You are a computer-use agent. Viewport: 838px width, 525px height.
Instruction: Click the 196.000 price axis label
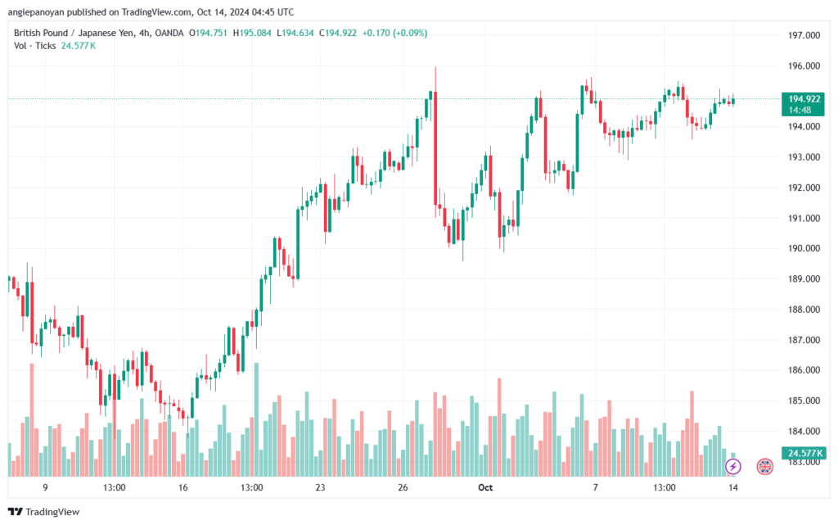click(804, 66)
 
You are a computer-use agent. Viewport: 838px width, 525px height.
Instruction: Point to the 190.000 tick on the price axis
click(804, 248)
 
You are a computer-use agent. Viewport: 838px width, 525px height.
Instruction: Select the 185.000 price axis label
click(804, 401)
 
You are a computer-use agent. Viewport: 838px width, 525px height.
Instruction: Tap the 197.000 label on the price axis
click(804, 35)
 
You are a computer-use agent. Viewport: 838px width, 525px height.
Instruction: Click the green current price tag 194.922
click(803, 104)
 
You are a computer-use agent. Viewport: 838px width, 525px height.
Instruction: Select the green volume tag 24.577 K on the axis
click(804, 453)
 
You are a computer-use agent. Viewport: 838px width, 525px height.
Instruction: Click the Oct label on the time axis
click(485, 487)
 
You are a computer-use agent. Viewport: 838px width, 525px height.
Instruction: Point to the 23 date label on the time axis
click(320, 487)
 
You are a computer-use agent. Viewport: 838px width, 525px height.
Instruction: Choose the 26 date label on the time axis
click(403, 487)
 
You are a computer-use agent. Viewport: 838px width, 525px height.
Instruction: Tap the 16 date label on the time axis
click(182, 487)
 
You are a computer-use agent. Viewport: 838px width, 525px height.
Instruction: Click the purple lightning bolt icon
click(733, 466)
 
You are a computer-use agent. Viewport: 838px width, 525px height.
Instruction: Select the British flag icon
click(765, 466)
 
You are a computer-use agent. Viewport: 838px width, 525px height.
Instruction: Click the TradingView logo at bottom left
click(44, 512)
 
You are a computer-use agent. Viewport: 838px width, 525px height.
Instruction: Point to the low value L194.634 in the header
click(295, 33)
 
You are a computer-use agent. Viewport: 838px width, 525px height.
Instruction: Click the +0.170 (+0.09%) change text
click(394, 33)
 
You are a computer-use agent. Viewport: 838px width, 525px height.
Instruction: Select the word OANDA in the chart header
click(169, 33)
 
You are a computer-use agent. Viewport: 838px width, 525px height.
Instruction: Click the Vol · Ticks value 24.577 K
click(78, 46)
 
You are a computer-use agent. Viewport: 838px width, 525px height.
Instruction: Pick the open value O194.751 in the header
click(208, 33)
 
